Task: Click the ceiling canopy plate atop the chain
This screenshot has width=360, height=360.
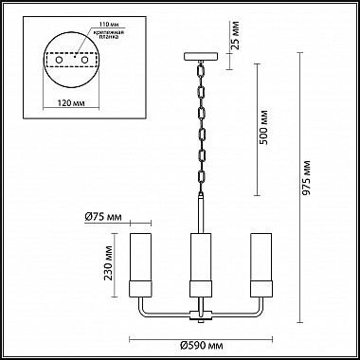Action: click(201, 57)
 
